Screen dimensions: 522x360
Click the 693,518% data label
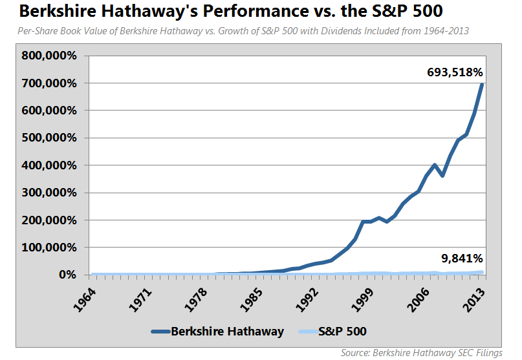pyautogui.click(x=455, y=72)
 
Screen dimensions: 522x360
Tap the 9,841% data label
pyautogui.click(x=462, y=258)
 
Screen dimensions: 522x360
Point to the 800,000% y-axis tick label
pyautogui.click(x=49, y=56)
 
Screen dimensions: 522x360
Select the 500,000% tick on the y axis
pyautogui.click(x=49, y=138)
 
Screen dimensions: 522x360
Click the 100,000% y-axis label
pyautogui.click(x=49, y=248)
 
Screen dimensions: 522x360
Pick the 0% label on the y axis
pyautogui.click(x=67, y=275)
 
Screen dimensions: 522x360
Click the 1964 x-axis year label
pyautogui.click(x=85, y=300)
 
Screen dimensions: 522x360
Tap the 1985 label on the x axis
pyautogui.click(x=252, y=300)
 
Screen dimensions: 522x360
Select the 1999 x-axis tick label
pyautogui.click(x=362, y=300)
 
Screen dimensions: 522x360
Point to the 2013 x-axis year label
pyautogui.click(x=474, y=300)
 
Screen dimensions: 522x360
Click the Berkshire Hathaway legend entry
pyautogui.click(x=217, y=332)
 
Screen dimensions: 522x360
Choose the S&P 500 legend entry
pyautogui.click(x=332, y=332)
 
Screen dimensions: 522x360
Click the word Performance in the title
pyautogui.click(x=256, y=11)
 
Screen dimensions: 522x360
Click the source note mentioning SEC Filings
pyautogui.click(x=422, y=353)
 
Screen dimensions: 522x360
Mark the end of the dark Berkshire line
pyautogui.click(x=481, y=85)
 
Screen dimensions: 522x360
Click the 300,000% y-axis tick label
pyautogui.click(x=49, y=193)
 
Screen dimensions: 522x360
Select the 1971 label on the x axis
pyautogui.click(x=140, y=300)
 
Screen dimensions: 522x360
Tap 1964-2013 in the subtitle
pyautogui.click(x=446, y=31)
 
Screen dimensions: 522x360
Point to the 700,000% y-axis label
pyautogui.click(x=49, y=83)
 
